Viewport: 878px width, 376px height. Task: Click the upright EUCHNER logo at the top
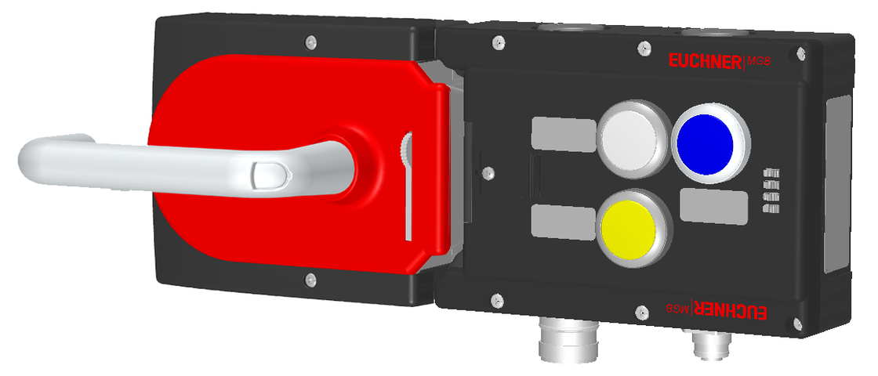click(x=703, y=62)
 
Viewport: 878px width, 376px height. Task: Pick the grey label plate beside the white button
click(x=563, y=133)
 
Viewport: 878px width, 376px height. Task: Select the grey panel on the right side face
click(x=839, y=180)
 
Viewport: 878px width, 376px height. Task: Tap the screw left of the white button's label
click(x=487, y=172)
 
